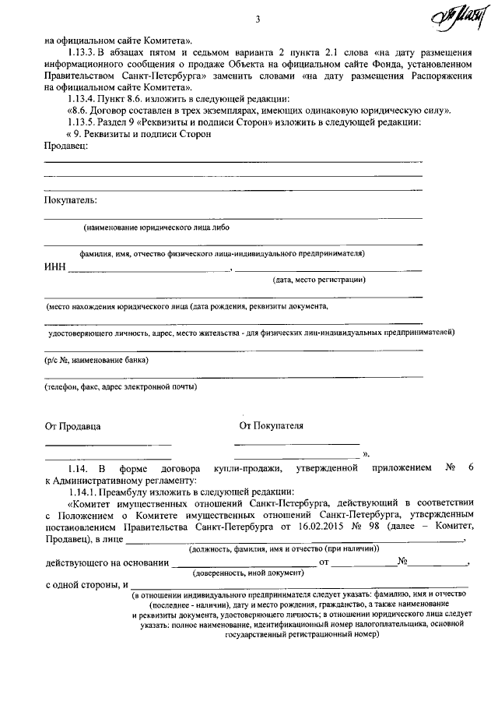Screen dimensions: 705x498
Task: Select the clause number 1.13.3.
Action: [83, 54]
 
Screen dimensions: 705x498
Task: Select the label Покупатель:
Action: [71, 201]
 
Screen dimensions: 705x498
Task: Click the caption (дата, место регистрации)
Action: [319, 279]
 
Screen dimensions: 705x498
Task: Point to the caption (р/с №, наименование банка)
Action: [96, 360]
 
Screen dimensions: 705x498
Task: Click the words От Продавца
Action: [72, 426]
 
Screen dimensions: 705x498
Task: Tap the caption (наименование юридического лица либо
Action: [156, 227]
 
